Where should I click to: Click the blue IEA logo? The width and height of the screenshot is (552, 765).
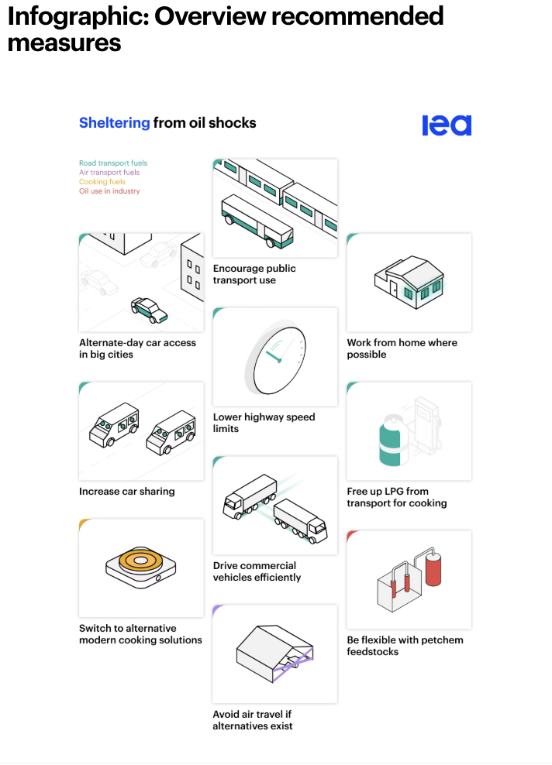[447, 125]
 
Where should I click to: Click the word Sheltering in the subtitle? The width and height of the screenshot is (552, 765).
[114, 123]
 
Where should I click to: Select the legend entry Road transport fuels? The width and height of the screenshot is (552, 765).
[113, 163]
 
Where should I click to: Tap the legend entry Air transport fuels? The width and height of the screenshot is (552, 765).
[109, 172]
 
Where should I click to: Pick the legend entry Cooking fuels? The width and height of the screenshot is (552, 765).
[102, 181]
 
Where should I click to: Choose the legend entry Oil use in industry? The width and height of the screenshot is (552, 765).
[109, 190]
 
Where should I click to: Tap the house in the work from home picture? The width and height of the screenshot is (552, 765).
[409, 282]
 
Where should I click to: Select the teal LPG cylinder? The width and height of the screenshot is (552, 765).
[393, 441]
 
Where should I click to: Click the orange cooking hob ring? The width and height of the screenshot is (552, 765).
[140, 561]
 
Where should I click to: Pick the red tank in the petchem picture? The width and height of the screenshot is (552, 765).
[433, 569]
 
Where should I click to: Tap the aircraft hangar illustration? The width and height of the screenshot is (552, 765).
[274, 654]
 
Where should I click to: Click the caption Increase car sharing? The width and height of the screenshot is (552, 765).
[127, 492]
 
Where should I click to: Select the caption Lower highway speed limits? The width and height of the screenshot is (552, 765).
[264, 423]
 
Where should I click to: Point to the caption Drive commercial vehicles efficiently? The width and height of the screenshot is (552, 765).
[257, 571]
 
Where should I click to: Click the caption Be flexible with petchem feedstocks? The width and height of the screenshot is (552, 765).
[405, 646]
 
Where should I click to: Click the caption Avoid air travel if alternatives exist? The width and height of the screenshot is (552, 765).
[253, 720]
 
